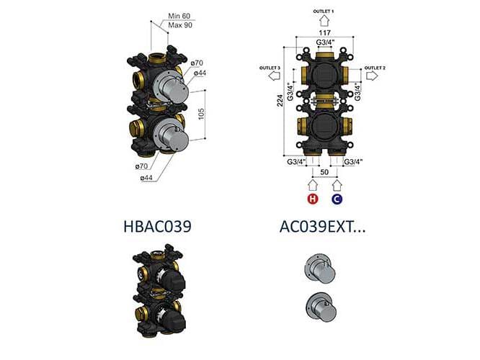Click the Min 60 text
179,16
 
